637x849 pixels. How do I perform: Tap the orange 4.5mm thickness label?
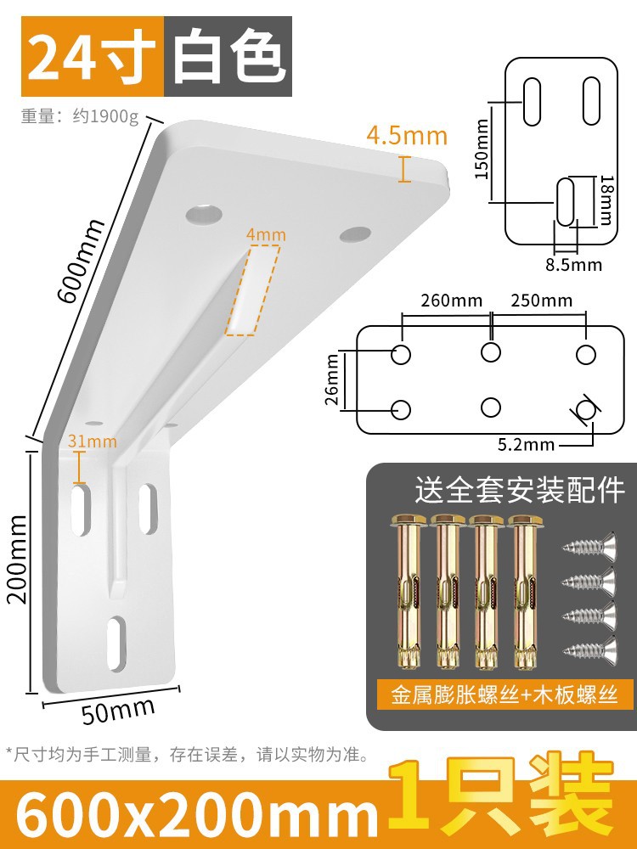coord(407,135)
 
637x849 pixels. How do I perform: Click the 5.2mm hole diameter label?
coord(527,443)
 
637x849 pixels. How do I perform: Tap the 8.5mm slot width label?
coord(573,264)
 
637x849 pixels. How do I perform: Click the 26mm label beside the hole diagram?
coord(333,379)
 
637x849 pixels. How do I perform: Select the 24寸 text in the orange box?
coord(90,56)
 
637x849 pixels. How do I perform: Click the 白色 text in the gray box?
coord(227,56)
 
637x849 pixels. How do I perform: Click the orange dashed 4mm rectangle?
coord(253,290)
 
